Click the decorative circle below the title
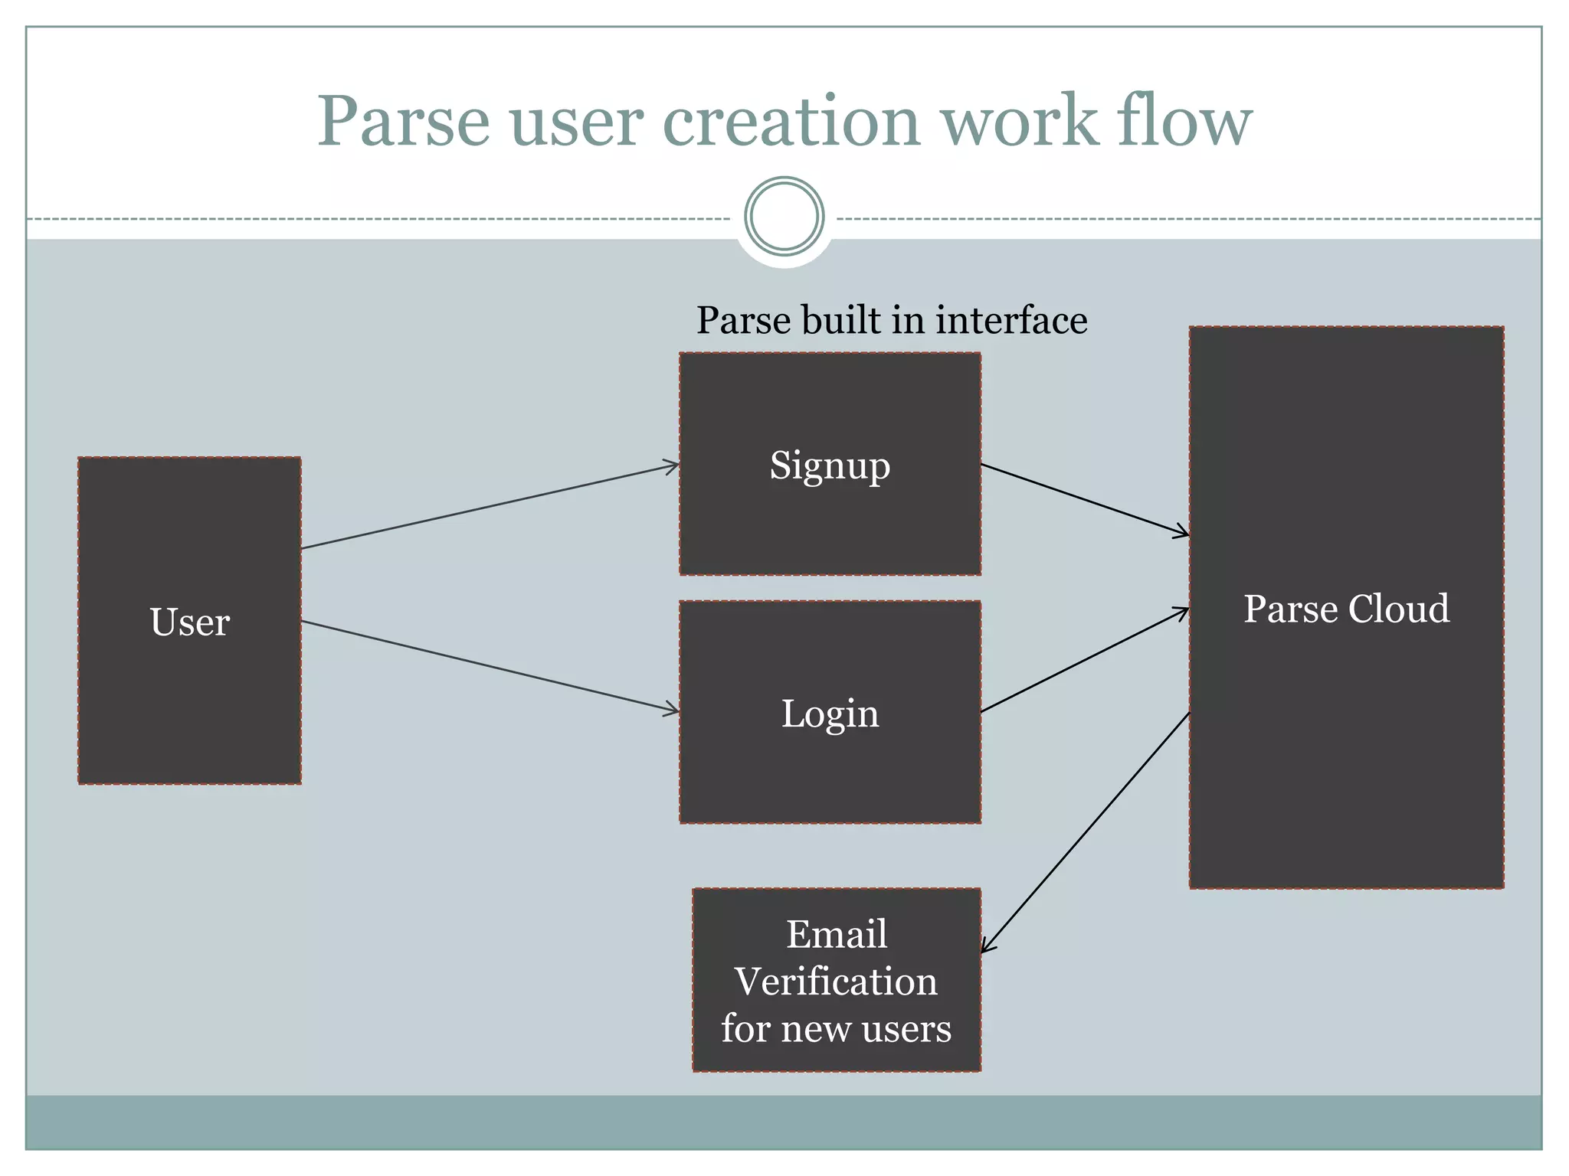point(784,217)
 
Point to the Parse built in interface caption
point(891,320)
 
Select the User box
point(189,621)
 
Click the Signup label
point(830,465)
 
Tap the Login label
point(830,714)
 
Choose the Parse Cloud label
point(1346,609)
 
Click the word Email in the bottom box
point(837,934)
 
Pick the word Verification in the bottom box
point(836,982)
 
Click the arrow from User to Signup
point(490,506)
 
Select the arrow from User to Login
point(490,666)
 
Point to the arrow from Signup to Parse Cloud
point(1085,499)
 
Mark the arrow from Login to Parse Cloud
point(1085,660)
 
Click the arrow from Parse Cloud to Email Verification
point(1085,833)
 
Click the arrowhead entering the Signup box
point(673,465)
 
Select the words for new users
point(836,1028)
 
